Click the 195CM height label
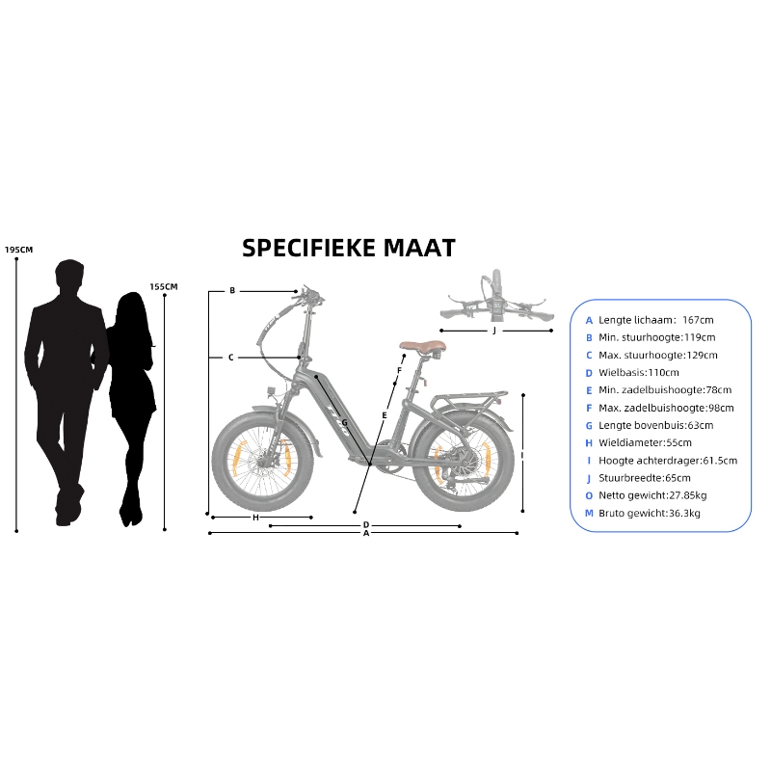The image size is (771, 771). pyautogui.click(x=18, y=250)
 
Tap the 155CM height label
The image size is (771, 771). pyautogui.click(x=164, y=286)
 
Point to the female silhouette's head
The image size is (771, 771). pyautogui.click(x=131, y=310)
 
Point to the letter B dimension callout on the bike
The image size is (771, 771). pyautogui.click(x=232, y=291)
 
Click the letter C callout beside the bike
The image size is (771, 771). pyautogui.click(x=231, y=358)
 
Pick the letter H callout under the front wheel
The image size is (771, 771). pyautogui.click(x=255, y=518)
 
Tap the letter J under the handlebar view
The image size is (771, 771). pyautogui.click(x=493, y=331)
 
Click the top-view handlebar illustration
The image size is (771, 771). pyautogui.click(x=494, y=303)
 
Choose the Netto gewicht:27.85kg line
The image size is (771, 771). pyautogui.click(x=652, y=495)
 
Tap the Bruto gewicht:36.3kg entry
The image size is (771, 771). pyautogui.click(x=649, y=514)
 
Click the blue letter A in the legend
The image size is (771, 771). pyautogui.click(x=589, y=320)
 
